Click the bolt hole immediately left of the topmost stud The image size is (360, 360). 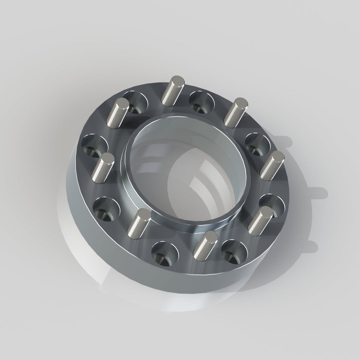tap(135, 102)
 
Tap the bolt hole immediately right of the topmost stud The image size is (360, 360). tap(201, 102)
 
